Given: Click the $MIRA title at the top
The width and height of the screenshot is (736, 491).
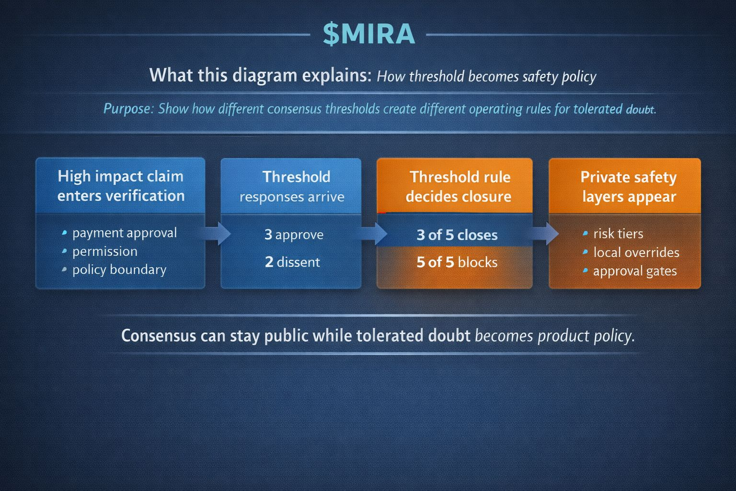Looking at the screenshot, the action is tap(368, 35).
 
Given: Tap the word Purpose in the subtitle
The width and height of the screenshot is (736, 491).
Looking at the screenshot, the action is tap(127, 109).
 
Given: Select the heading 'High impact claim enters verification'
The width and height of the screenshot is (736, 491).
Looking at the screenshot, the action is tap(121, 186).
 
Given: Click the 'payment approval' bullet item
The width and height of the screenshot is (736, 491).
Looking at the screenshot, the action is tap(125, 233).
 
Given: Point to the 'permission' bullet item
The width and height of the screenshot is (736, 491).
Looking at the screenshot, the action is tap(104, 251).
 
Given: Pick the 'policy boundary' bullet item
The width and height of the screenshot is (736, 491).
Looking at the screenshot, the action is tap(119, 269).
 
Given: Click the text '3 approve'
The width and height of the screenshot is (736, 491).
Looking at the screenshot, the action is tap(294, 234).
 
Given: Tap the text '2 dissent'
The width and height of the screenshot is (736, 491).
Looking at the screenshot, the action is tap(292, 262).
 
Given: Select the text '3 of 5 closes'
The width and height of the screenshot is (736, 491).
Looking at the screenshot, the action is tap(457, 235).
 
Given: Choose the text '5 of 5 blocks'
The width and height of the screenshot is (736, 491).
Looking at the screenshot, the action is tap(457, 262).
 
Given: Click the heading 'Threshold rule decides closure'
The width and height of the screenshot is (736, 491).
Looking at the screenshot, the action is tap(459, 187).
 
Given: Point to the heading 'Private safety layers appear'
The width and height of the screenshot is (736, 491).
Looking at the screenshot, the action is tap(629, 187).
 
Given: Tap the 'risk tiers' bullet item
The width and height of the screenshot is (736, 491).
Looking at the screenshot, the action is tap(618, 234).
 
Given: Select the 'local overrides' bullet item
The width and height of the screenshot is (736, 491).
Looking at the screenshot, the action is tap(636, 252).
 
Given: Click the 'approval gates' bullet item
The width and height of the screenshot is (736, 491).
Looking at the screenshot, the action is tap(634, 271).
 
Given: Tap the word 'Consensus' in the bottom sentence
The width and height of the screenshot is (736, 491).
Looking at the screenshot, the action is tap(159, 335).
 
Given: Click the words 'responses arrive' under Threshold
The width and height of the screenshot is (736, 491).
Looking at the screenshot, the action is tap(292, 197).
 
